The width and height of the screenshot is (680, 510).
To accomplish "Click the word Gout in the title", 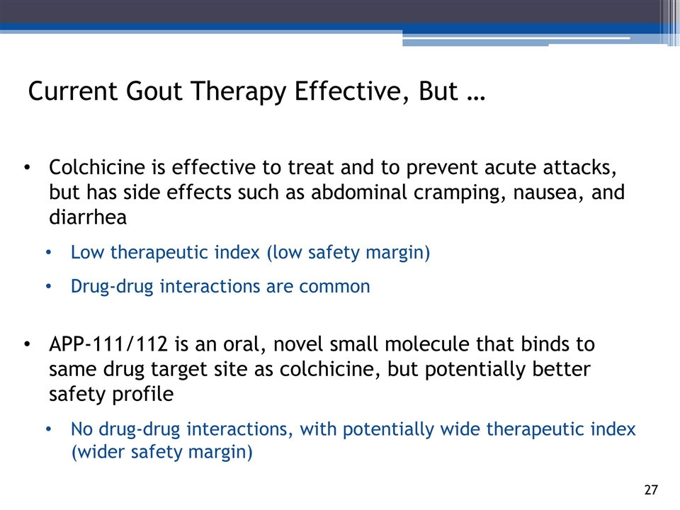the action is (154, 91).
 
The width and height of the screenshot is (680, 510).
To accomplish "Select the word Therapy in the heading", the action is (238, 93).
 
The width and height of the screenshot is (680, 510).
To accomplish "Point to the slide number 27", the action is (651, 489).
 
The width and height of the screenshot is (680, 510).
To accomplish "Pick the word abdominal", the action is (358, 192).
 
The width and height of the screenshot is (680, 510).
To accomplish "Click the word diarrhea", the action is (88, 217).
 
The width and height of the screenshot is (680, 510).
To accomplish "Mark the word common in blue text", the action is (334, 287).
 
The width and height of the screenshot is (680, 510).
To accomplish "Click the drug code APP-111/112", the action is (108, 344).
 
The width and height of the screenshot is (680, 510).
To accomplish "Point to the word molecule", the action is (426, 344).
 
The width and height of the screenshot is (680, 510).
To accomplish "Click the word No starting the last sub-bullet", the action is (81, 429).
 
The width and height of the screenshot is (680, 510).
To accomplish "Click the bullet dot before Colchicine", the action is (28, 169).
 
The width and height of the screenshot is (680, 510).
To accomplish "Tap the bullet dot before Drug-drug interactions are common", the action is (49, 287).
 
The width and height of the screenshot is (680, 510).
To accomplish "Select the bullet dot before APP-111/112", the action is (28, 345).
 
